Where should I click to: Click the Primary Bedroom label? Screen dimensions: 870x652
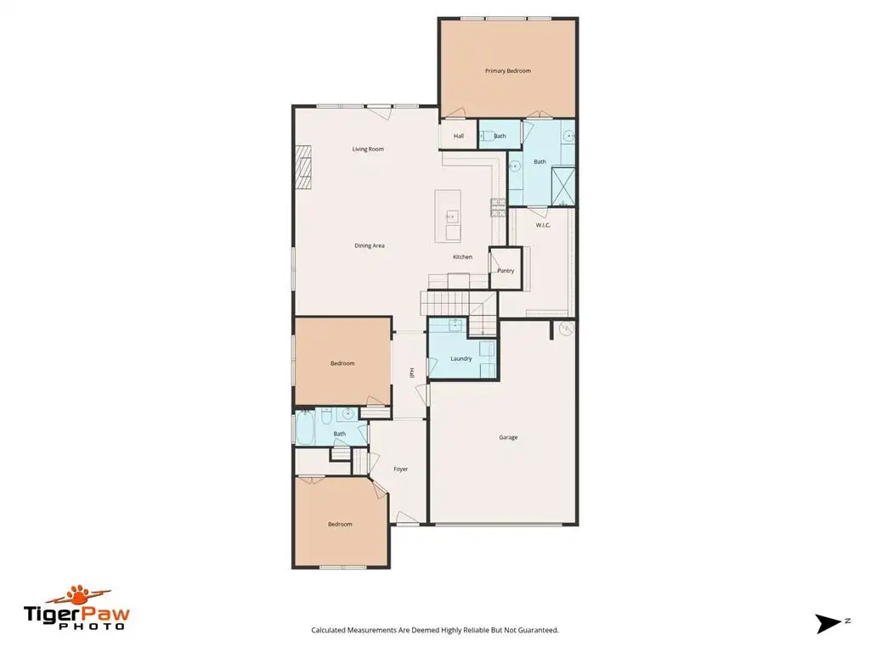tap(508, 71)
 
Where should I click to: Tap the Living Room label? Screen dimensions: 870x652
tap(368, 149)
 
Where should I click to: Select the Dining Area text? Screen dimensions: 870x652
tap(370, 245)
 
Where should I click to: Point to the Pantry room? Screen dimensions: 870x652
tap(506, 269)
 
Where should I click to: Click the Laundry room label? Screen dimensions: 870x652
tap(461, 359)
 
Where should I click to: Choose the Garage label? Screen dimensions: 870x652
tap(508, 437)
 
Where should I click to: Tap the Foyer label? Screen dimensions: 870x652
tap(401, 469)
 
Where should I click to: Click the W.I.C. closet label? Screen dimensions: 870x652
tap(543, 225)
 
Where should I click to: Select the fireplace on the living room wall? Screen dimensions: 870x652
tap(303, 167)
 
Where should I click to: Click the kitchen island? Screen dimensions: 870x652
tap(448, 216)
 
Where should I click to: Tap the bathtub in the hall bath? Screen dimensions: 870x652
tap(305, 428)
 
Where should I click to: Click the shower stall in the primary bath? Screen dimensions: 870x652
tap(563, 185)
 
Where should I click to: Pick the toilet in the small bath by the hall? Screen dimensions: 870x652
tap(487, 136)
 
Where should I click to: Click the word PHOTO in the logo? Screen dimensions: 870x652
tap(92, 627)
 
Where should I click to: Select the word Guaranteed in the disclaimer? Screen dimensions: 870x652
tap(537, 630)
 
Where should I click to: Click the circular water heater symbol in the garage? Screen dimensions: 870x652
tap(566, 329)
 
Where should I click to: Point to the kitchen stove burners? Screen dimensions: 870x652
tap(498, 207)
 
